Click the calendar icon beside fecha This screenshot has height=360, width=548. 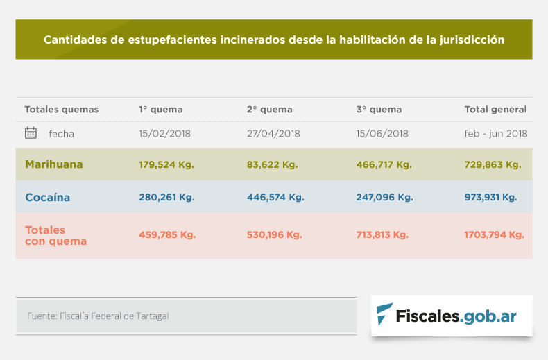(x=31, y=133)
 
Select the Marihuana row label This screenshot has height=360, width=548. (x=53, y=164)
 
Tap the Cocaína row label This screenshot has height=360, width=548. (x=47, y=198)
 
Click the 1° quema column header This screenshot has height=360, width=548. (x=161, y=110)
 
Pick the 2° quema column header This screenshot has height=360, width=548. (x=269, y=110)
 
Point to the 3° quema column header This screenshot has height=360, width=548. (x=379, y=110)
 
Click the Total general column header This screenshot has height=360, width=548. (x=495, y=110)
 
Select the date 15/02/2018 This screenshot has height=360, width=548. (x=164, y=134)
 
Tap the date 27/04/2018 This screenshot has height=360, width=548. (x=273, y=134)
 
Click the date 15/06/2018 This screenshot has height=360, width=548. (x=382, y=134)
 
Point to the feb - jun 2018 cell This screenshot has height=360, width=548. (x=496, y=134)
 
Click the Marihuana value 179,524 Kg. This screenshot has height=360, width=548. (x=166, y=165)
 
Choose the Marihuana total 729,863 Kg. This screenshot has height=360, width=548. (x=493, y=165)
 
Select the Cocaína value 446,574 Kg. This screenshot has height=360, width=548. (x=275, y=198)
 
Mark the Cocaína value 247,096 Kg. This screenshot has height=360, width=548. (x=385, y=198)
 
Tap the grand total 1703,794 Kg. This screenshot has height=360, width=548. (x=494, y=235)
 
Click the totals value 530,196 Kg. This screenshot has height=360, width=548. (x=274, y=235)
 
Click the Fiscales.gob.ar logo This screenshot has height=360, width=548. (x=452, y=316)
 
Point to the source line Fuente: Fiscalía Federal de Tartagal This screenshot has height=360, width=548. (x=98, y=316)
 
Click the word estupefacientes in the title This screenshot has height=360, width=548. (x=171, y=40)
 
